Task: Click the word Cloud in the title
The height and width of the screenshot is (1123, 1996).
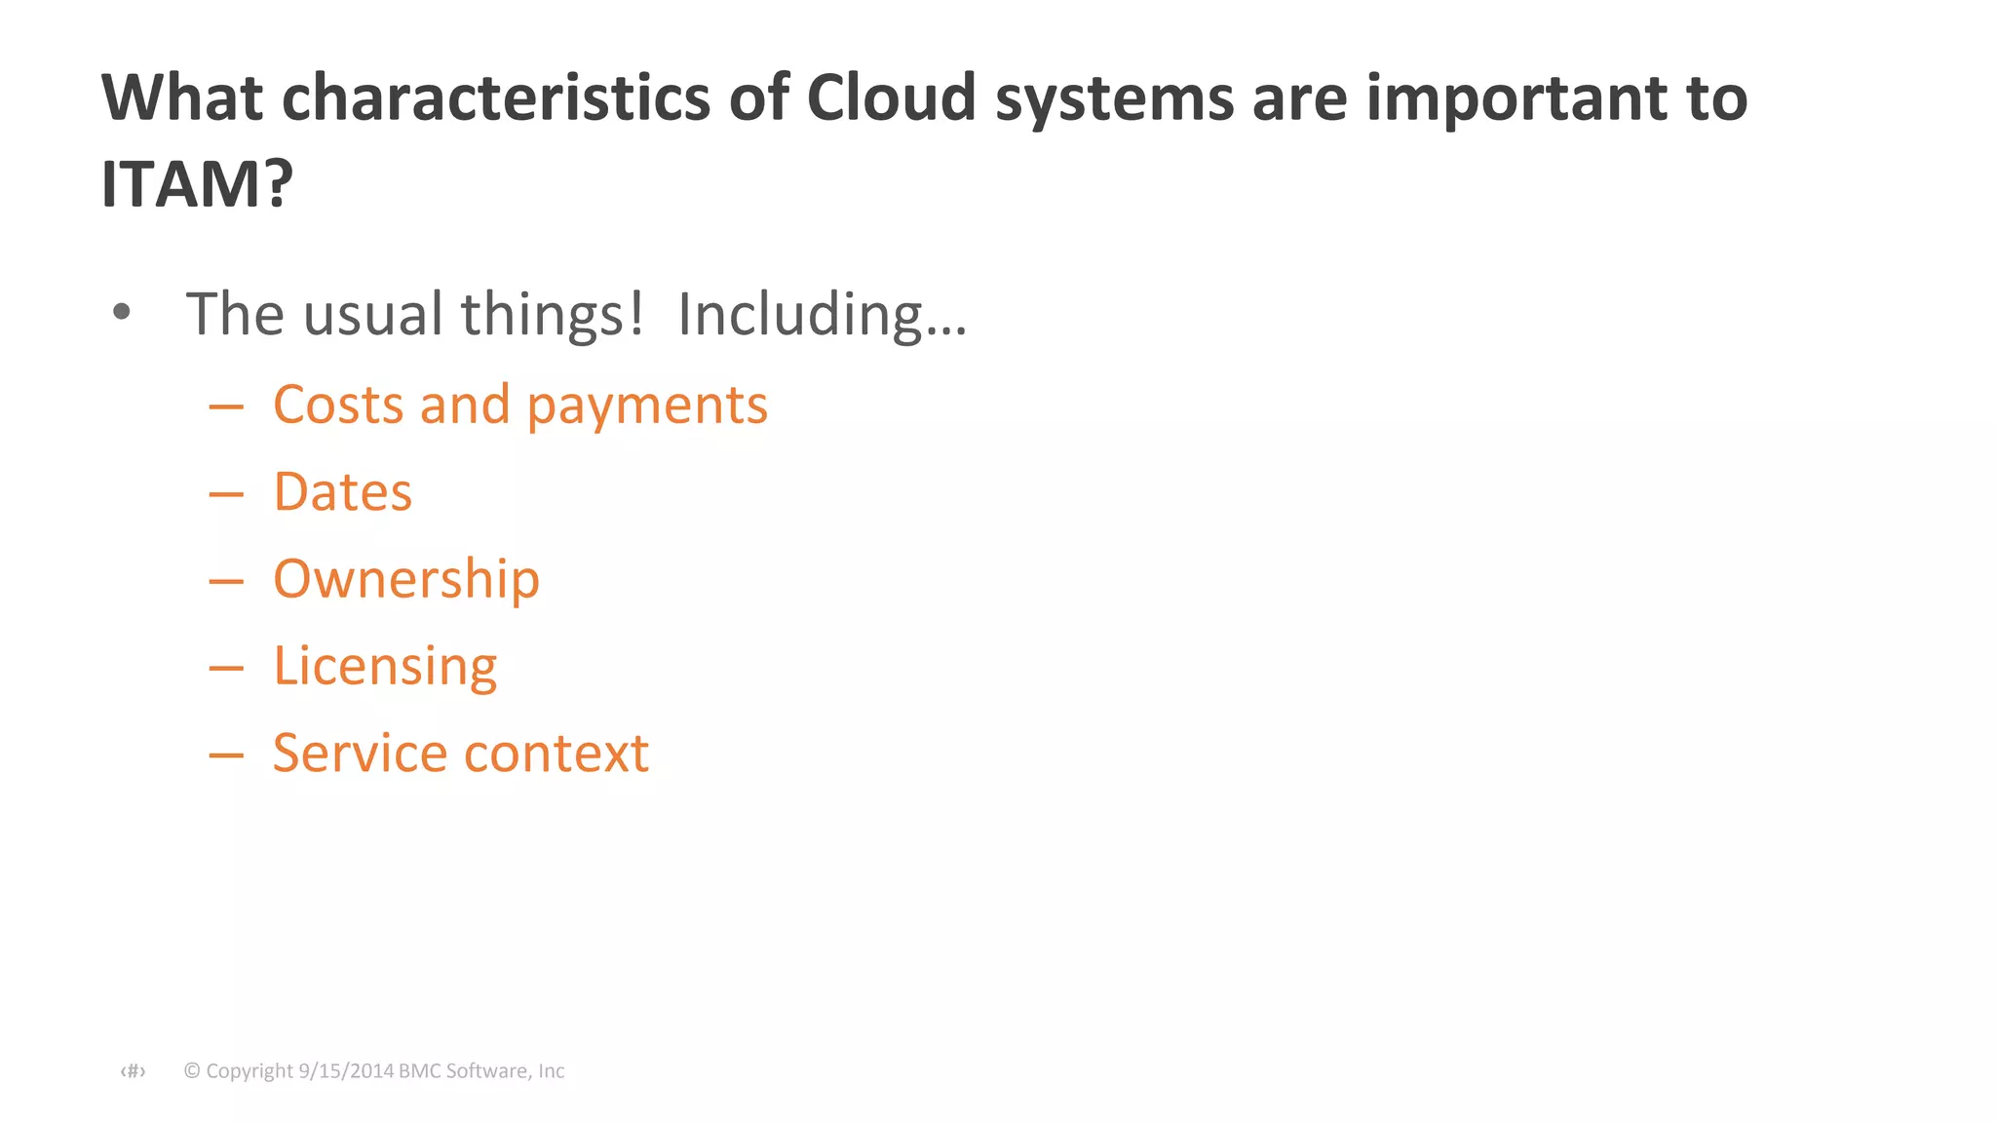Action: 891,97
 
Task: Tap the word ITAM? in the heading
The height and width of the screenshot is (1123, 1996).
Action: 197,184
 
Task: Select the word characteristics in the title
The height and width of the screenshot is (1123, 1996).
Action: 496,97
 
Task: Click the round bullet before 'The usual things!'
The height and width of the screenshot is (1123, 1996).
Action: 121,313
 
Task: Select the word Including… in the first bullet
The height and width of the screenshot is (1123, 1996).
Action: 822,315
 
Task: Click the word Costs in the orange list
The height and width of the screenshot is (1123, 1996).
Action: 337,404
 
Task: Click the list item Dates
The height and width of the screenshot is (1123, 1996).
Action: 342,491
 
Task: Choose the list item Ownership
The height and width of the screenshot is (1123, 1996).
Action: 405,580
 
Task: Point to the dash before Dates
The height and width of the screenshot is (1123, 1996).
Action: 226,494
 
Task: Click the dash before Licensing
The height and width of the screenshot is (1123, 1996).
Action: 226,669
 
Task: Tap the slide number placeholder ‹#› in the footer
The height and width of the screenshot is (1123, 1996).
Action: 133,1071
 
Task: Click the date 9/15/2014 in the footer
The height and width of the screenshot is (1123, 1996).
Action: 345,1071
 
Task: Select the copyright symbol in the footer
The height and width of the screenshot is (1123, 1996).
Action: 192,1071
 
